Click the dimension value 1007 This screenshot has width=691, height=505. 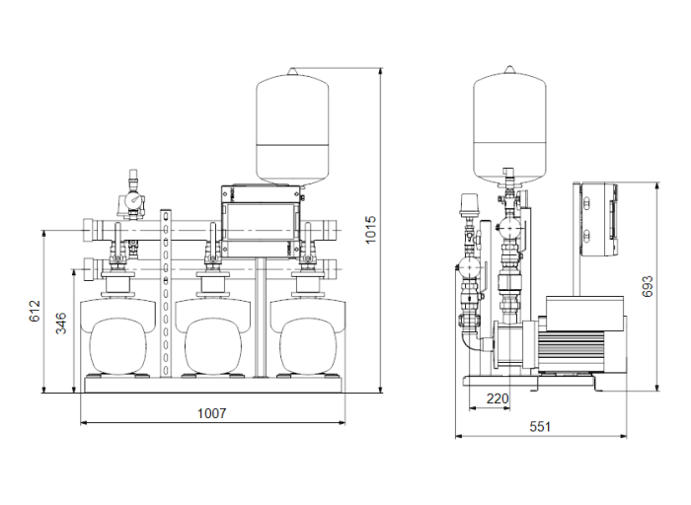point(211,413)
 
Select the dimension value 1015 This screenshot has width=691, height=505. point(369,230)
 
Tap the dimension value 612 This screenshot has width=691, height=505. point(34,313)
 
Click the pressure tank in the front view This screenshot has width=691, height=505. point(292,126)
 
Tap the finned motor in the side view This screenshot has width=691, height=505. point(582,340)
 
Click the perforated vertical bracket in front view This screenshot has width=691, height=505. point(166,296)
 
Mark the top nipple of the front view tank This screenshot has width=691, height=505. point(292,69)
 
